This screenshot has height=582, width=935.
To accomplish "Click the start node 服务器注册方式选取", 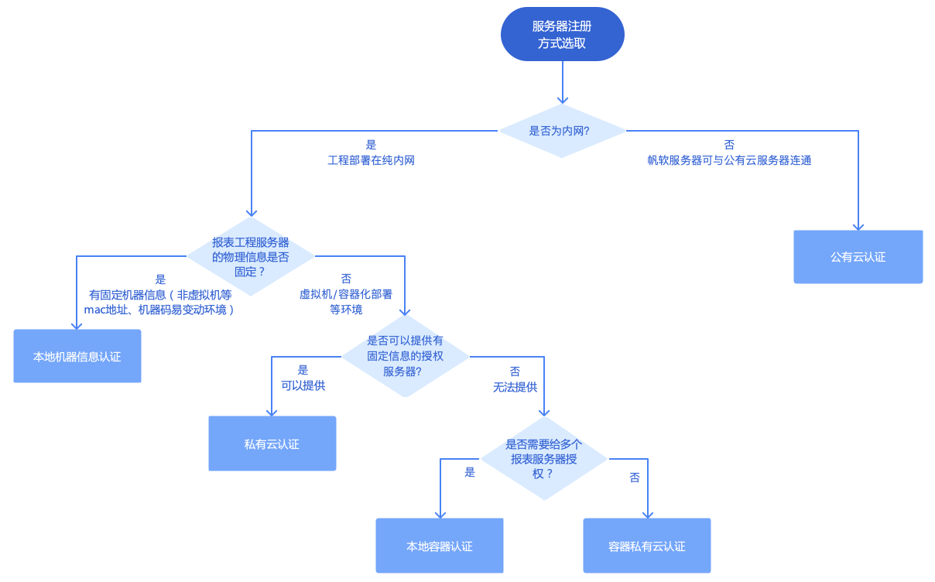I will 562,35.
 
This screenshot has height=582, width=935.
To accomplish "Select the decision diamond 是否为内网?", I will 562,131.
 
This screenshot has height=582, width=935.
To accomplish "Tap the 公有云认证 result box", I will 858,257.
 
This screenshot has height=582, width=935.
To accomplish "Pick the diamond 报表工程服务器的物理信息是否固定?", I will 251,257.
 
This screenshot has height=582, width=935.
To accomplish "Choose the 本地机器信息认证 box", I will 77,357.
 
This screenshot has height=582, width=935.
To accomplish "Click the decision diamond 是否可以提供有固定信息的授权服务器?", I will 406,357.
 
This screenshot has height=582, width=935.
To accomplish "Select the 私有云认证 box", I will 272,444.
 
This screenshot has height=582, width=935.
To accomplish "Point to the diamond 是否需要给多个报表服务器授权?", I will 544,459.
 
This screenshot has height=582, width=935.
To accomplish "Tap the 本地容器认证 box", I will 440,546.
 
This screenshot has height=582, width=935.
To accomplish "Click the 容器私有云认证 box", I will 647,546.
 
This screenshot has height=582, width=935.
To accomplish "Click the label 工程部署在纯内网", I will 372,161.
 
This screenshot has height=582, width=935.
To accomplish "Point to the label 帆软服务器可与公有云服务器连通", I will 729,161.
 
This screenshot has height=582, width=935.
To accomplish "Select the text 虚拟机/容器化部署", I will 346,294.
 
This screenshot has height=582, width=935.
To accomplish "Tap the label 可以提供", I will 303,385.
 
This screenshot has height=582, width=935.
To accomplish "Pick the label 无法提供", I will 515,387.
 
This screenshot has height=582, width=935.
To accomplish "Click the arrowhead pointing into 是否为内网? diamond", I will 563,100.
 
